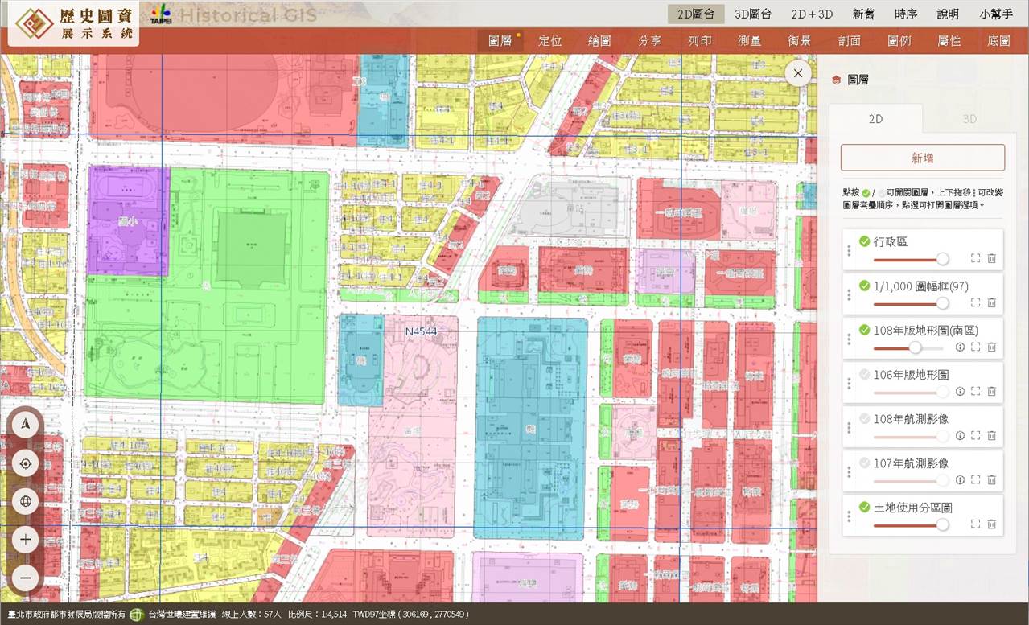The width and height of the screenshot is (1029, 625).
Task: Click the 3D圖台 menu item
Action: tap(753, 14)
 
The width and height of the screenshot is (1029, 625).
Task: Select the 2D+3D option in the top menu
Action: tap(811, 14)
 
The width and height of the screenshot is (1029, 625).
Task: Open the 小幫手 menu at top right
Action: tap(996, 14)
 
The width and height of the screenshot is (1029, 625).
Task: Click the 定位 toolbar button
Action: tap(550, 41)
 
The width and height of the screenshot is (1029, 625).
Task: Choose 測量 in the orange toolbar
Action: tap(749, 41)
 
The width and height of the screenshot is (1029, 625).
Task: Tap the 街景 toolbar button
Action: tap(799, 41)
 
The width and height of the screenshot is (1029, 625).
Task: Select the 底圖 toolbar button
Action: tap(998, 41)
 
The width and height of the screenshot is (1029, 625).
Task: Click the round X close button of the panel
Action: tap(798, 73)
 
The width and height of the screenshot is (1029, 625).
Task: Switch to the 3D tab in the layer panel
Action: tap(969, 119)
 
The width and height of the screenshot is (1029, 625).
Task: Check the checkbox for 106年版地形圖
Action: tap(864, 374)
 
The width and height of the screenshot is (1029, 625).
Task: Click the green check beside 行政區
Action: tap(864, 241)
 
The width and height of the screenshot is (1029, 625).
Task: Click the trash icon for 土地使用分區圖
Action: tap(991, 524)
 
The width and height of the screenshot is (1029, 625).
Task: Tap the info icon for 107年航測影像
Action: tap(960, 479)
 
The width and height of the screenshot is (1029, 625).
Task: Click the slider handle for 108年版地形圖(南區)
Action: tap(915, 347)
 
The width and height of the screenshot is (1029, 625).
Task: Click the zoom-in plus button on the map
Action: tap(26, 539)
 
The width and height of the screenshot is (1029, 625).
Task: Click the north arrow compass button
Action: tap(26, 425)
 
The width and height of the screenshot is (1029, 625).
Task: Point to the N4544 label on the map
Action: tap(421, 331)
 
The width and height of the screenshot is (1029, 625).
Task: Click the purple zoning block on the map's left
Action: tap(127, 220)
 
